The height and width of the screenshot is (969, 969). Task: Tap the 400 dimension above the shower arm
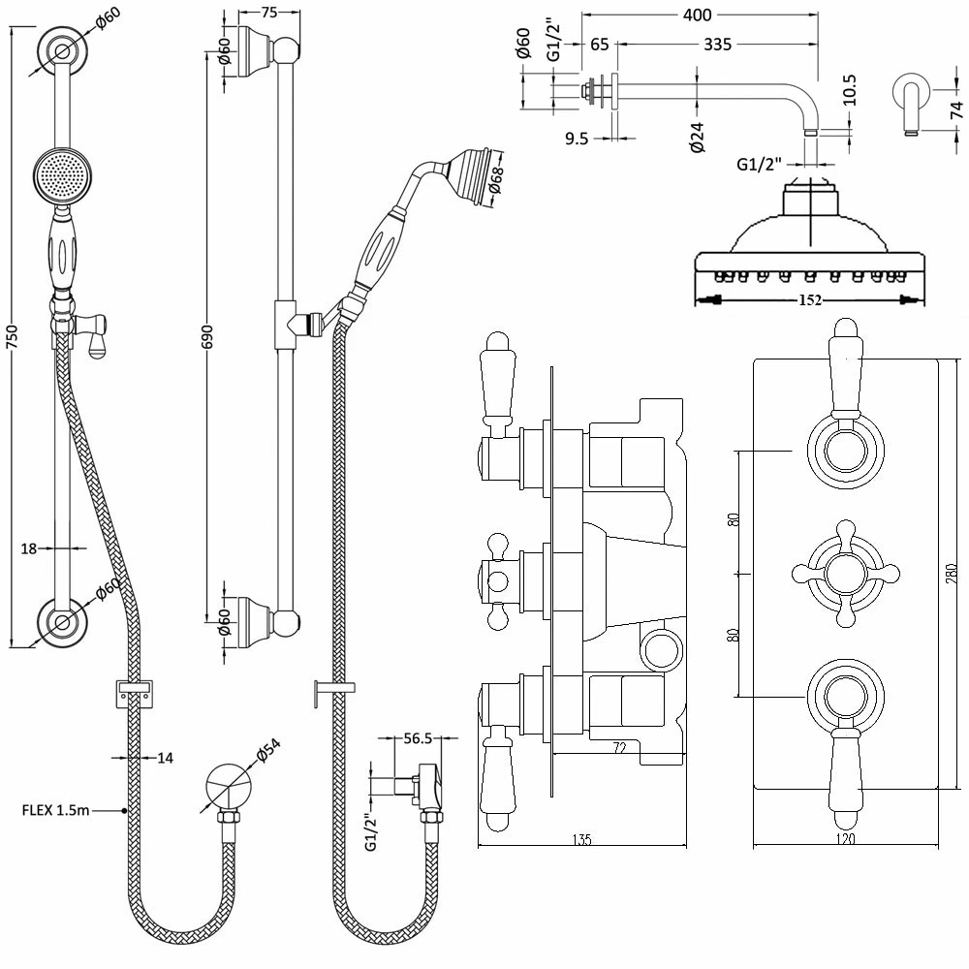click(x=698, y=15)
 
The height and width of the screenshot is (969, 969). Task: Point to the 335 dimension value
click(x=717, y=45)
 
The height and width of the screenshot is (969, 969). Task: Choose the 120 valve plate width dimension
click(x=845, y=840)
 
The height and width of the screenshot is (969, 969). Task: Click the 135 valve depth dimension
click(x=580, y=840)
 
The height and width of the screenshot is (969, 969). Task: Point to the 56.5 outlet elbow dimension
click(x=417, y=738)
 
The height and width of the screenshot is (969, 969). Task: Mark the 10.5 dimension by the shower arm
click(x=850, y=89)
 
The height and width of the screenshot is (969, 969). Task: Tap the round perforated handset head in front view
click(x=61, y=174)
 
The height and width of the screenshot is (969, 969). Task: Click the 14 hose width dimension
click(x=165, y=758)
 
